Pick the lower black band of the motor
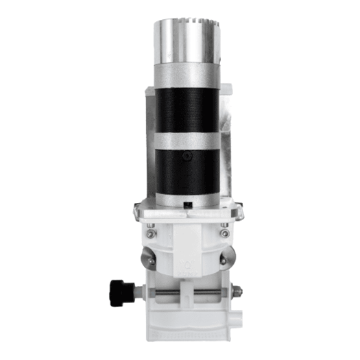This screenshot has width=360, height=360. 187,171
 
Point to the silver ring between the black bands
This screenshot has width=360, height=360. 187,141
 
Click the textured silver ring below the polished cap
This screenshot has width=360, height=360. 187,73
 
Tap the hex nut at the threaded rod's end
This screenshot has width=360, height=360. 237,294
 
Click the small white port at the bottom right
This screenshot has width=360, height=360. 237,319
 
